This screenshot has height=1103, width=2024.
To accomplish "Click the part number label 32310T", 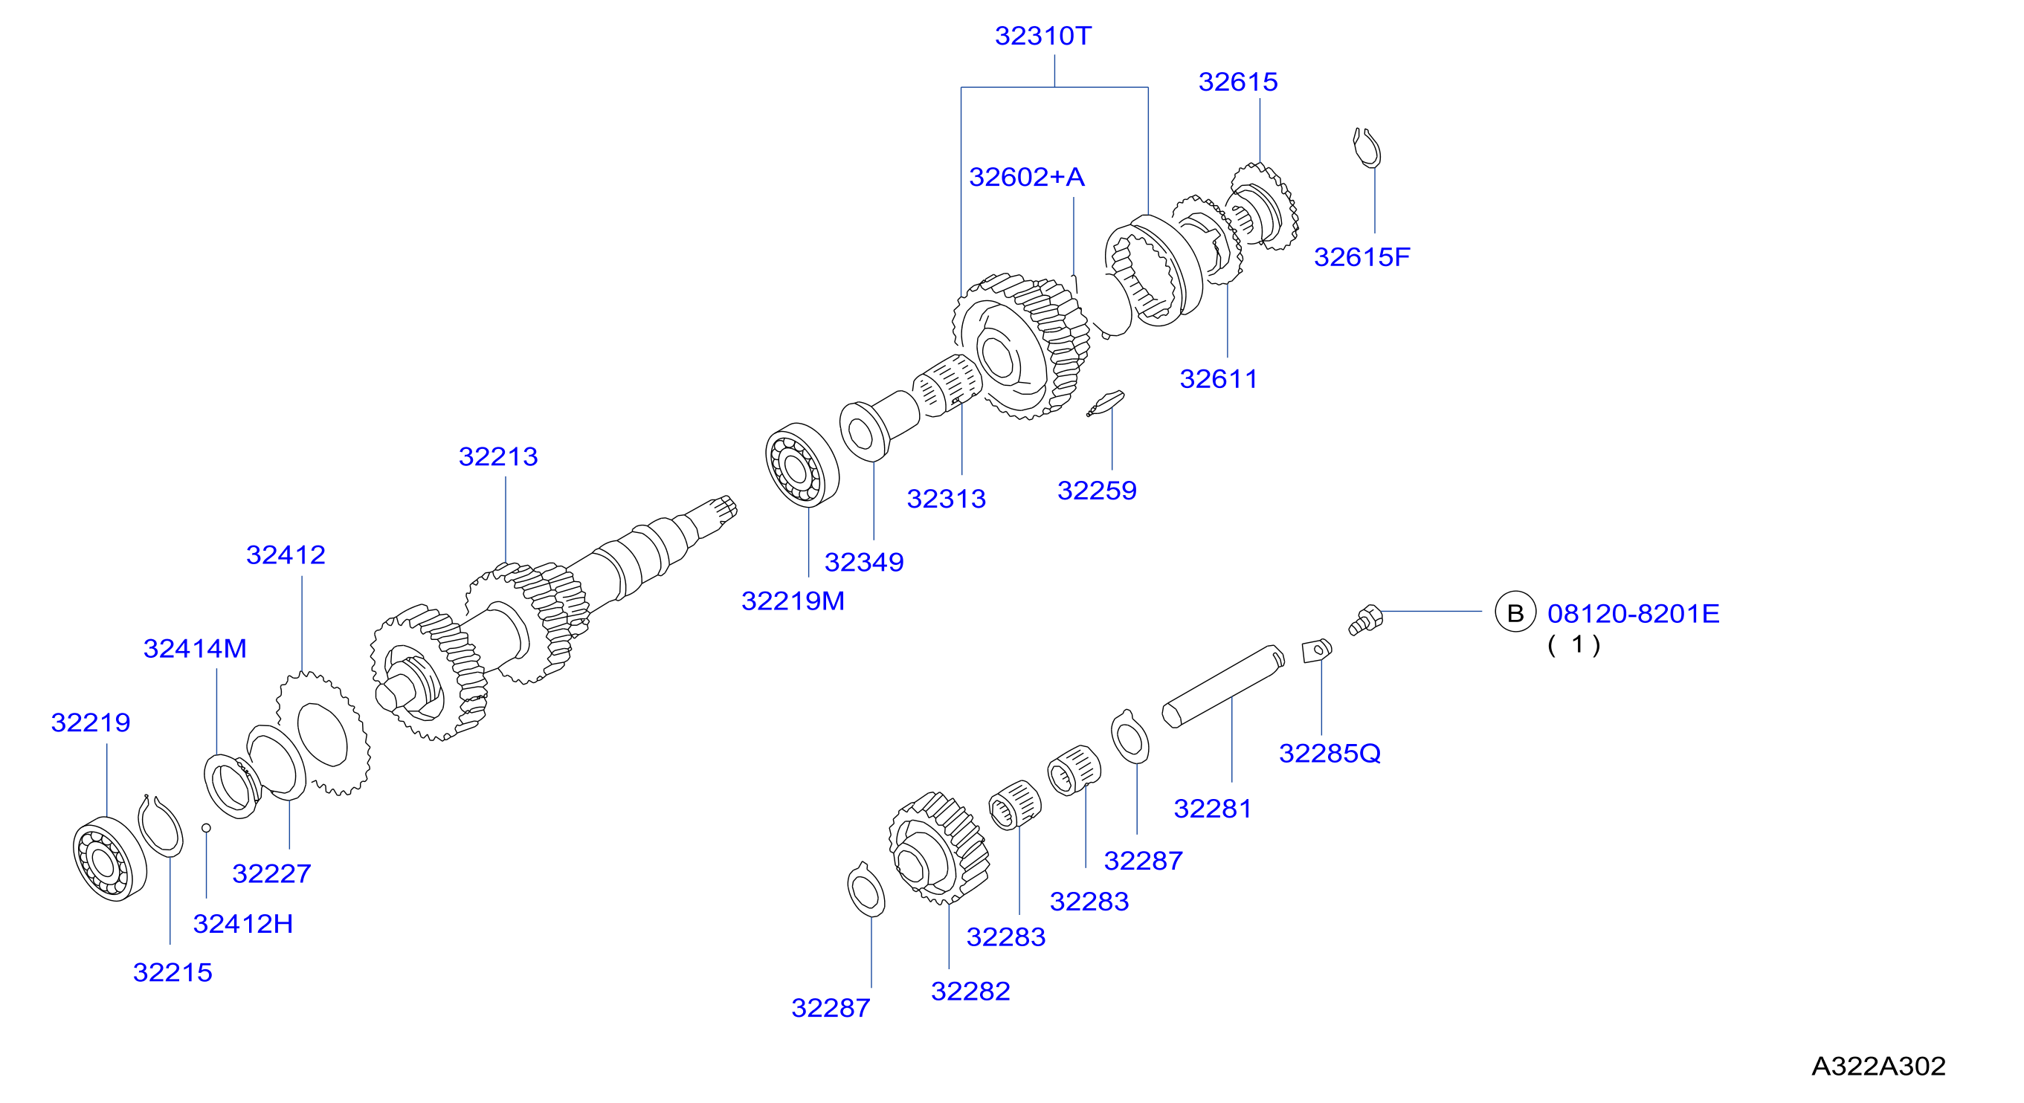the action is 1042,36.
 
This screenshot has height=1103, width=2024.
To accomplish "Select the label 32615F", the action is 1361,257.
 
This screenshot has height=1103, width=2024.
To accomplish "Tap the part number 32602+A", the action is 1027,177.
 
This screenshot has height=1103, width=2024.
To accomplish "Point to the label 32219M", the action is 793,601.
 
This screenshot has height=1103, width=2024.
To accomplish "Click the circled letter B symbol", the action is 1515,612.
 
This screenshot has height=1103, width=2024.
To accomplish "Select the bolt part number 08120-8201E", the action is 1634,614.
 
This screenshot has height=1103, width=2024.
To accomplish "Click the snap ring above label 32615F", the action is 1367,148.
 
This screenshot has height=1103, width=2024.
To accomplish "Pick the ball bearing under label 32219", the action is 109,858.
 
